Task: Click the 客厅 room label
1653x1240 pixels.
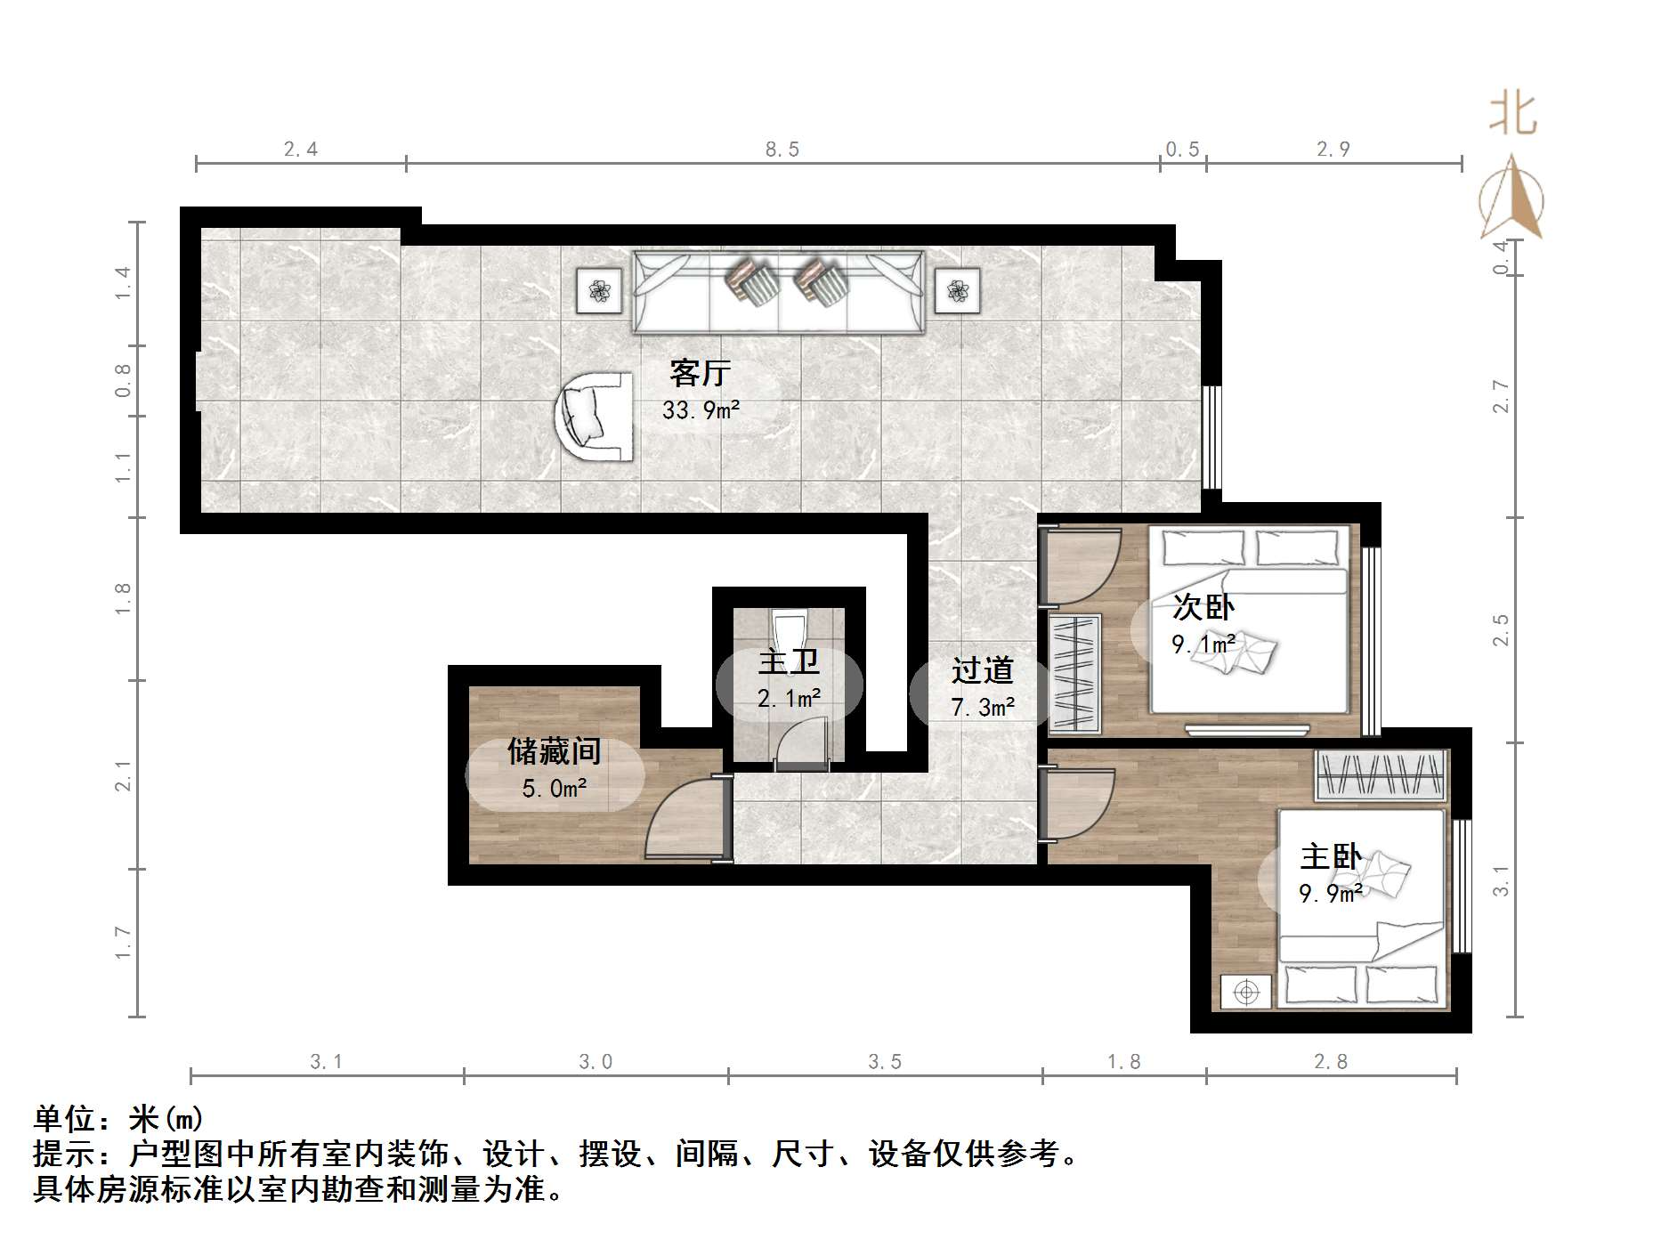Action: pos(700,373)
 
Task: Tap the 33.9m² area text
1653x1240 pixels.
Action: pos(700,410)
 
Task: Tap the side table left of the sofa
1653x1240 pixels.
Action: pos(599,290)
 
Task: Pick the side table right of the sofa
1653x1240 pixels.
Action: pos(958,290)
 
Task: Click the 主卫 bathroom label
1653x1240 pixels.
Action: pos(789,662)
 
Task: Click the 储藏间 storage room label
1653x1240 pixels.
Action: pos(554,751)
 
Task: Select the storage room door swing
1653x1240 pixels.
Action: pos(681,819)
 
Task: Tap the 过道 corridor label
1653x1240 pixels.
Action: pos(982,670)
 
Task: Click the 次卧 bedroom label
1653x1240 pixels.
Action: pos(1203,607)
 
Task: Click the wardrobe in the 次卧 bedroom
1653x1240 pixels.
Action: pos(1074,674)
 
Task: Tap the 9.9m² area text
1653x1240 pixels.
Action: pos(1330,893)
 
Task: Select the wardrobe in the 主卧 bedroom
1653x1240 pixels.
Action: pos(1381,774)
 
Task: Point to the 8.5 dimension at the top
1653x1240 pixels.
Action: pos(782,150)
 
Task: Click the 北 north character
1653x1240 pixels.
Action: pos(1512,114)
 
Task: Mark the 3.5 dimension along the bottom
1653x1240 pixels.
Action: pos(885,1061)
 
